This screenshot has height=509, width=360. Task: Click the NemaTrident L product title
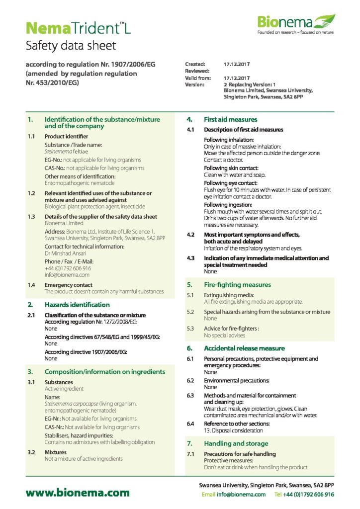[78, 27]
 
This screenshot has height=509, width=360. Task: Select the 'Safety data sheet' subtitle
[71, 46]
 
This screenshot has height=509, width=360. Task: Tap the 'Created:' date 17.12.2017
[237, 64]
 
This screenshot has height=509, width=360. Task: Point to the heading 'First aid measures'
[230, 119]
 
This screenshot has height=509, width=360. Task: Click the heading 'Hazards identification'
[77, 304]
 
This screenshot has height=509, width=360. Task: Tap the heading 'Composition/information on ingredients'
[104, 371]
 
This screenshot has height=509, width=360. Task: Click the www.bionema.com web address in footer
[78, 493]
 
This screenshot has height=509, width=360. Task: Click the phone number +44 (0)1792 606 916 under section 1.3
[68, 268]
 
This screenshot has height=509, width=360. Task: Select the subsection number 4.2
[190, 234]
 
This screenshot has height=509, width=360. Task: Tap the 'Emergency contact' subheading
[69, 285]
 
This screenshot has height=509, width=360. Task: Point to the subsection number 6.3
[190, 396]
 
